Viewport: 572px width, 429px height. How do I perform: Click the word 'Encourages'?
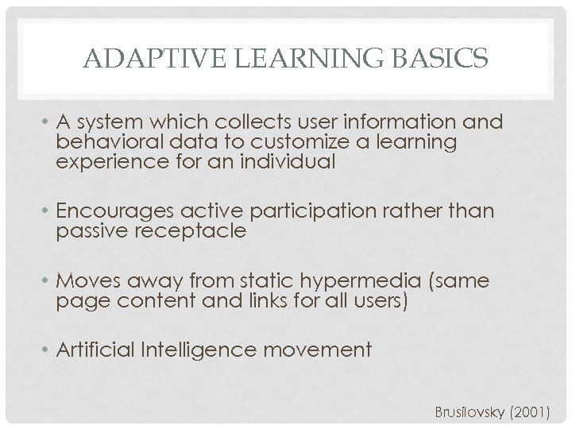tap(110, 212)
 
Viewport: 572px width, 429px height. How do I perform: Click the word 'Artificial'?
tap(96, 349)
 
